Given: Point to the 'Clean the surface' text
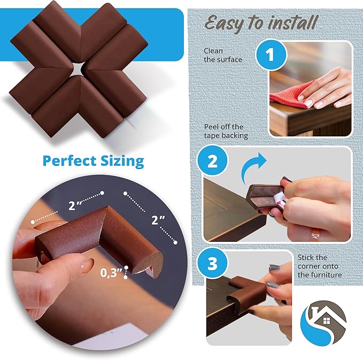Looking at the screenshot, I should coord(222,55).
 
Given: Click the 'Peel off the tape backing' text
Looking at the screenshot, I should coord(226,131).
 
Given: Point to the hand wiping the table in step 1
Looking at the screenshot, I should coord(326,89).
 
